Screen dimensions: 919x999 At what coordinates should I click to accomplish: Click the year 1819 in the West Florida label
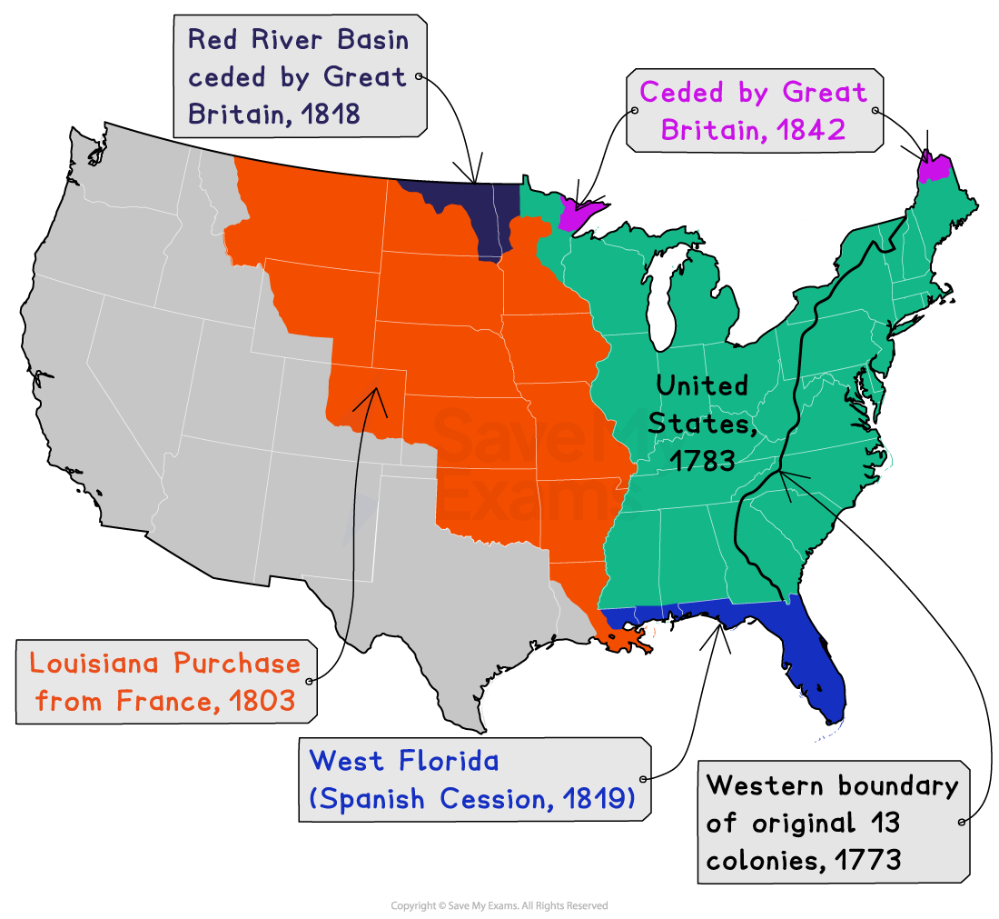(595, 799)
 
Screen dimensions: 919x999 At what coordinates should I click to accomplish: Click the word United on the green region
(702, 385)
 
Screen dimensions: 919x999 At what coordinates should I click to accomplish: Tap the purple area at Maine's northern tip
(935, 169)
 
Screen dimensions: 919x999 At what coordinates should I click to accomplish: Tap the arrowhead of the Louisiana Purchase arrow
(374, 392)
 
